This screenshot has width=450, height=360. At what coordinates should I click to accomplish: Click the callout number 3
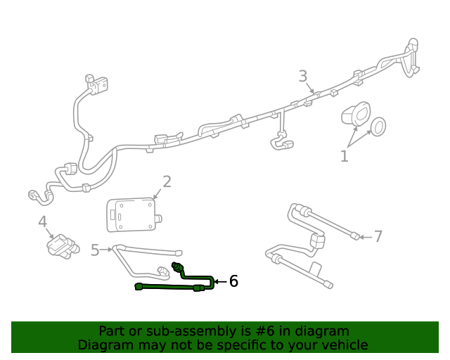pyautogui.click(x=303, y=75)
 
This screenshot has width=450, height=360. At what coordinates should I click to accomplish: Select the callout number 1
pyautogui.click(x=344, y=156)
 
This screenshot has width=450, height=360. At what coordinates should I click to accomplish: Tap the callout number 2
pyautogui.click(x=167, y=182)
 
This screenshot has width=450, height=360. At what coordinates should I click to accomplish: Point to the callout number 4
pyautogui.click(x=42, y=222)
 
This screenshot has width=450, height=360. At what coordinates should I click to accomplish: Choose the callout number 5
pyautogui.click(x=95, y=250)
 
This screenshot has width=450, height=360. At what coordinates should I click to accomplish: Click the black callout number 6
pyautogui.click(x=233, y=281)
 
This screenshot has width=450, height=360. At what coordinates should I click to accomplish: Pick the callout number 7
pyautogui.click(x=378, y=236)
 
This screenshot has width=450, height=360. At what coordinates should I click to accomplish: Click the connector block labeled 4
pyautogui.click(x=61, y=246)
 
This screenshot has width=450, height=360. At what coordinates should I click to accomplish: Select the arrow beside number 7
pyautogui.click(x=365, y=237)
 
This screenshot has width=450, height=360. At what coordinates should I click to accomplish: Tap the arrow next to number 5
pyautogui.click(x=107, y=249)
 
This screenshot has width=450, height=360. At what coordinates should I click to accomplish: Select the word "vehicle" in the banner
pyautogui.click(x=344, y=345)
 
